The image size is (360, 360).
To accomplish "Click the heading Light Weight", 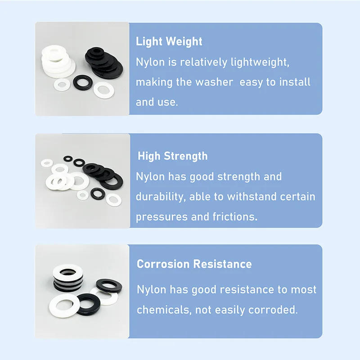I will click(x=169, y=42).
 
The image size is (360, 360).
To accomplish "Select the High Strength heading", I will click(x=172, y=156).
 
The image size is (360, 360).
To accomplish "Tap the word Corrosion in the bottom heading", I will click(x=163, y=264).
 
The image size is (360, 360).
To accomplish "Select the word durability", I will click(x=161, y=197).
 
